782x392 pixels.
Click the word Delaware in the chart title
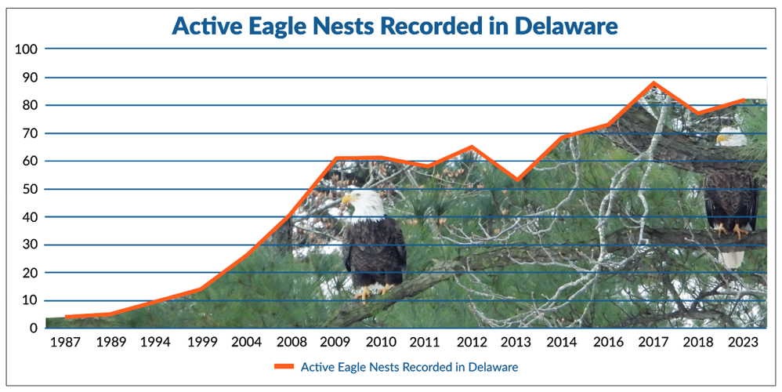(566, 25)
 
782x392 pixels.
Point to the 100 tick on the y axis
(27, 49)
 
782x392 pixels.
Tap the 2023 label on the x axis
(743, 343)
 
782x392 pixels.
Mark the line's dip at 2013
(517, 180)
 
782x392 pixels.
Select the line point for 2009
(335, 158)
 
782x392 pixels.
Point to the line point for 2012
(472, 147)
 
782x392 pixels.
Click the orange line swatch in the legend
(284, 366)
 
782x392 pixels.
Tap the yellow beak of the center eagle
(346, 201)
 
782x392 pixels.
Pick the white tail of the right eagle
(730, 258)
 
